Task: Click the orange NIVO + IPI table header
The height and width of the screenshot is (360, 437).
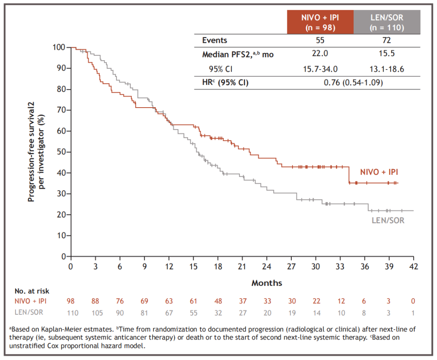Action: tap(320, 22)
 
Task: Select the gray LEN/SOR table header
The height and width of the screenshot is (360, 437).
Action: tap(387, 22)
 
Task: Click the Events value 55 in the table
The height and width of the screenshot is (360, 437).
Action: tap(320, 40)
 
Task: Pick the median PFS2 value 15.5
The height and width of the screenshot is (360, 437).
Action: tap(387, 54)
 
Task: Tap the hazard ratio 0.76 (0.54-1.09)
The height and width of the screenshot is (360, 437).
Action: tap(353, 83)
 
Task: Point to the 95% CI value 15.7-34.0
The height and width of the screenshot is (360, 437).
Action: tap(320, 69)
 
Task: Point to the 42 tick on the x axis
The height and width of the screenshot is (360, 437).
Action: tap(413, 267)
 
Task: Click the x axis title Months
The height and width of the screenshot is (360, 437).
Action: tap(267, 283)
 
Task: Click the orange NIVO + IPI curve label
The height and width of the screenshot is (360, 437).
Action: tap(379, 172)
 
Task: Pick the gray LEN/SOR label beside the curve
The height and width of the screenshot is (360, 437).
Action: tap(388, 220)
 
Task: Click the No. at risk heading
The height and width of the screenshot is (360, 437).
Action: tap(32, 290)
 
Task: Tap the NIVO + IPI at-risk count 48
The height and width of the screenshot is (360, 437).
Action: tap(218, 302)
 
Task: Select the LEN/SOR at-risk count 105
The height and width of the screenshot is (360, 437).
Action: tap(96, 313)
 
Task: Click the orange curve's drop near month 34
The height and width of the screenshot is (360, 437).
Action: tap(348, 175)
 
